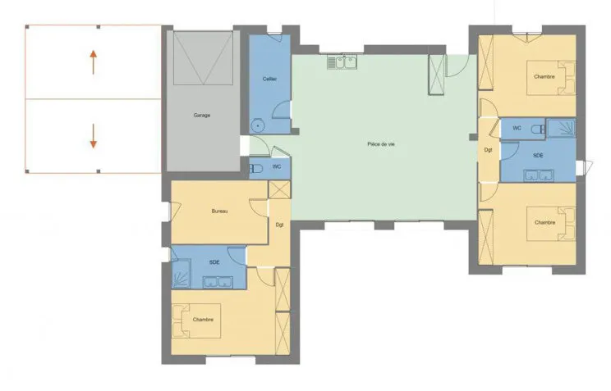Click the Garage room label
point(202,115)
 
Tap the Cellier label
point(269,79)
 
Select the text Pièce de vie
point(381,144)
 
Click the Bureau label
point(219,211)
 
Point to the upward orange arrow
point(93,62)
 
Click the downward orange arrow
point(93,136)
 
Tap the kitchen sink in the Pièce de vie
point(342,62)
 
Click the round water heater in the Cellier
point(258,125)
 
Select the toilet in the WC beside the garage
point(256,169)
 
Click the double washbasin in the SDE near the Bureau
point(218,282)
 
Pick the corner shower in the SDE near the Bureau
point(181,274)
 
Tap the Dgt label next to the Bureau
point(279,225)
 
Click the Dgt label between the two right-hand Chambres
point(489,150)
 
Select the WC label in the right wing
point(517,128)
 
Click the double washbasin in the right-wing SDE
point(539,175)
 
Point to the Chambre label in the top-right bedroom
point(544,77)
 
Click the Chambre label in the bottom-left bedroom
point(203,320)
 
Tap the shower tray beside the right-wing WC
point(561,128)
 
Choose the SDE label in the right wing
point(538,155)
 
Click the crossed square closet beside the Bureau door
point(279,190)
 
